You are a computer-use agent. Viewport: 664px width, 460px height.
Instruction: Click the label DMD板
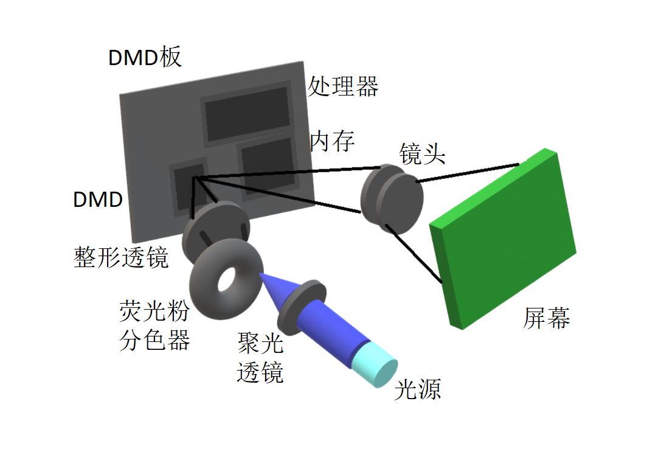145,58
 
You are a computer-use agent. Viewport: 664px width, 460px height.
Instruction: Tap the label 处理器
343,86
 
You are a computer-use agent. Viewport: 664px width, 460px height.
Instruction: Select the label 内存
332,141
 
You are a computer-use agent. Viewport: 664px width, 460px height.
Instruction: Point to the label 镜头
423,154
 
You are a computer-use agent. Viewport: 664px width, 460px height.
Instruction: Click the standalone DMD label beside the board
98,199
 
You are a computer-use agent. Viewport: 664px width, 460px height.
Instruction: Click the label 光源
417,389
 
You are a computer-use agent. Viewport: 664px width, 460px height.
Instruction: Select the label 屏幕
547,318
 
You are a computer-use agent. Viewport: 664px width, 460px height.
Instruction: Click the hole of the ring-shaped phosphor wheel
227,279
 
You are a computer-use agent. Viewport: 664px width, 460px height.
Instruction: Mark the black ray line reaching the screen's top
468,172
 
